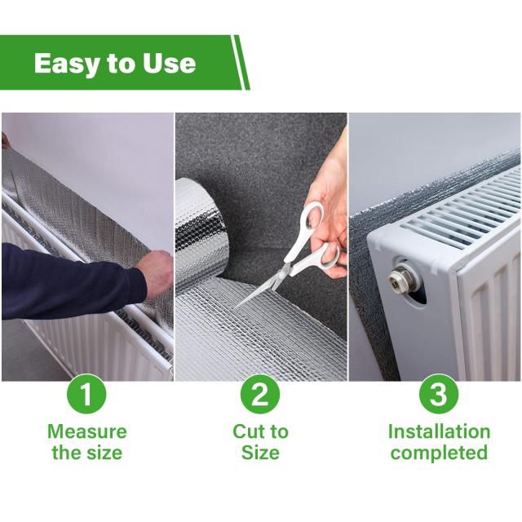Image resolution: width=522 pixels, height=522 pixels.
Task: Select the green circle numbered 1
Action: pos(86,394)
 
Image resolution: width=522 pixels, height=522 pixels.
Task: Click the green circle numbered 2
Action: pos(260,394)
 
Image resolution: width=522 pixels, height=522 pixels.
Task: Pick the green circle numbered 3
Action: pos(439,394)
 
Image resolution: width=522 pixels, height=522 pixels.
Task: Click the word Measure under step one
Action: pos(87,431)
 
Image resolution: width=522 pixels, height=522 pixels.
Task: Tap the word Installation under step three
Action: pos(439,431)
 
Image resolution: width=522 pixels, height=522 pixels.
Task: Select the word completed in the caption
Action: pos(439,453)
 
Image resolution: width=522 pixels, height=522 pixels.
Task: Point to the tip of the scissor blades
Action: pos(236,307)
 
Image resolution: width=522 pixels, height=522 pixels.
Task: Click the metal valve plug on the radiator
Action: pos(398,279)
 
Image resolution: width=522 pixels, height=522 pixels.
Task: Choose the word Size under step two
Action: pos(260,453)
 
